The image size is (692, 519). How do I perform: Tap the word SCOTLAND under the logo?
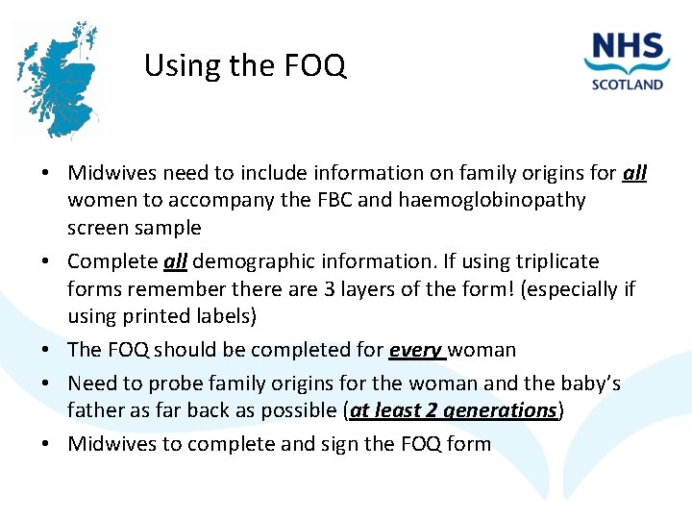point(629,84)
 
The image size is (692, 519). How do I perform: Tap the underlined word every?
point(415,350)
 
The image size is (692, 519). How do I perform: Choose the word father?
point(96,410)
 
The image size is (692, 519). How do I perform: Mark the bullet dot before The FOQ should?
point(46,351)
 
